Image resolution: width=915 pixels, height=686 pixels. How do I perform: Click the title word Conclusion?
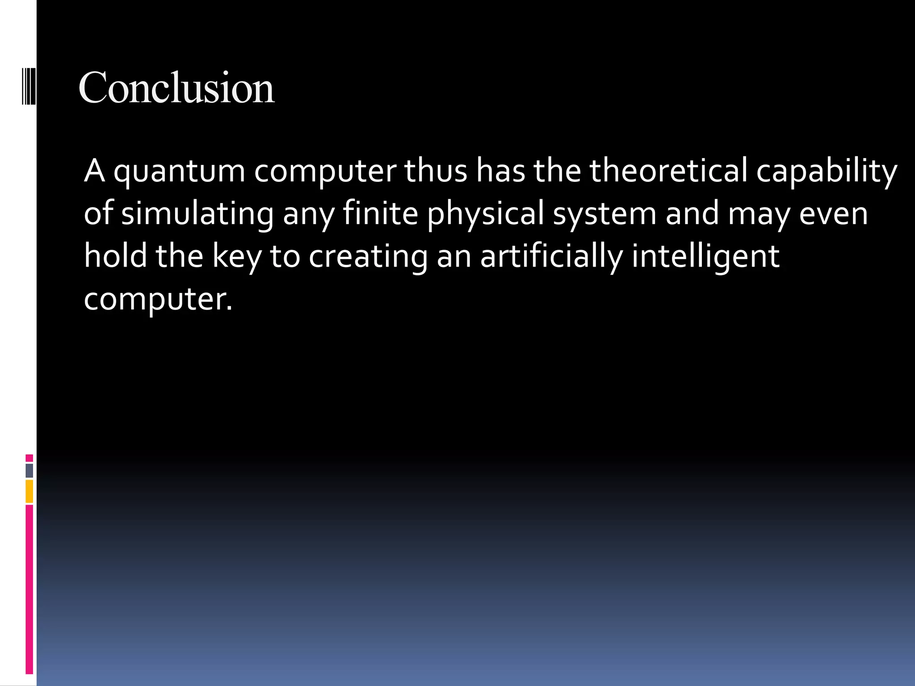click(x=176, y=88)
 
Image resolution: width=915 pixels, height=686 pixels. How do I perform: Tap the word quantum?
click(x=179, y=171)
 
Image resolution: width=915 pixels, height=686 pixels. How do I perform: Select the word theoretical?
click(x=668, y=171)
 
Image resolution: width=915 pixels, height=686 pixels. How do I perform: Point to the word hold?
click(x=115, y=256)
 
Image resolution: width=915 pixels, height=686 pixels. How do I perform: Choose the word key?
click(x=237, y=257)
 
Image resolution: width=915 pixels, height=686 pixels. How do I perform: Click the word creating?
click(x=368, y=257)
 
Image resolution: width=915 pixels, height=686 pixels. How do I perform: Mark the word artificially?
click(x=551, y=257)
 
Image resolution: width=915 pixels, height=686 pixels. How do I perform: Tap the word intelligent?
click(x=706, y=257)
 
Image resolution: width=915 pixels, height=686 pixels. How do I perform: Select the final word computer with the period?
click(x=158, y=299)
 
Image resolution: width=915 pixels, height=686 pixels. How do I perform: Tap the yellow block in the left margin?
click(x=29, y=491)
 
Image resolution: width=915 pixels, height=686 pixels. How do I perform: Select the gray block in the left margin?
click(x=29, y=470)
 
